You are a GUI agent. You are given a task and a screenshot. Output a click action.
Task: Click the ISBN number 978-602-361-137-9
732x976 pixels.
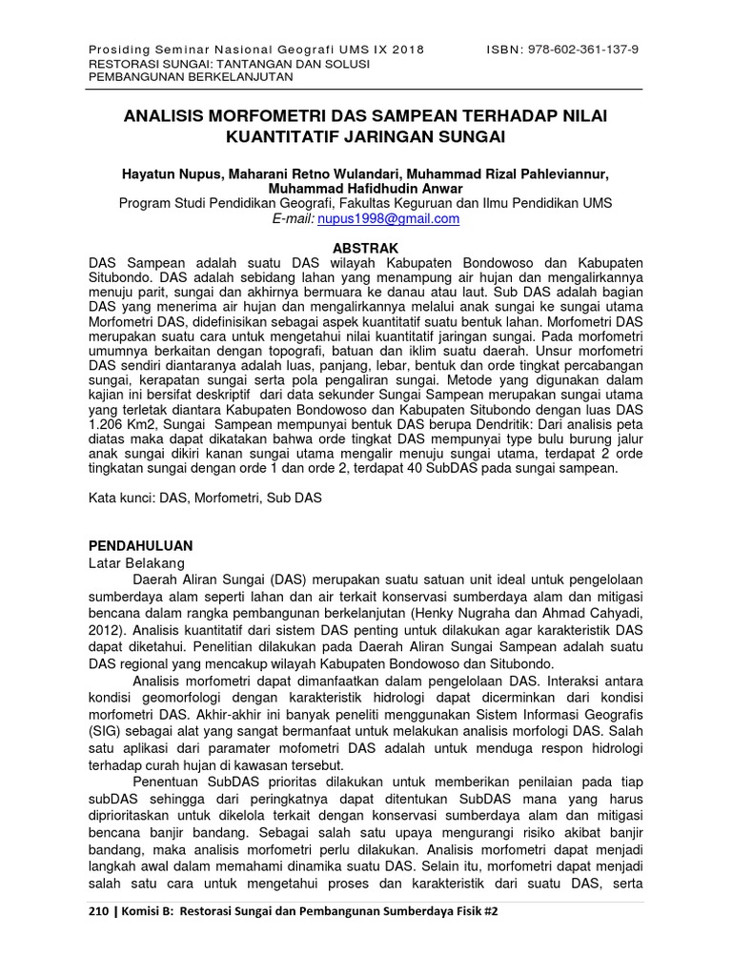click(x=579, y=50)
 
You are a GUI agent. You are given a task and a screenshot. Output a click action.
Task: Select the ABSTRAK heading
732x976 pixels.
click(x=366, y=246)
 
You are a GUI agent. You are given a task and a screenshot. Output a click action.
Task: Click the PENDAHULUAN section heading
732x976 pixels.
click(x=140, y=546)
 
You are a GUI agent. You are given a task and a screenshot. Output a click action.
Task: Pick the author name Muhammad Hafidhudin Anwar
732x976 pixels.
click(x=366, y=189)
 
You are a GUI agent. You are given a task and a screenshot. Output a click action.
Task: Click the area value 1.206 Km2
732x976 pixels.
click(x=128, y=424)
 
